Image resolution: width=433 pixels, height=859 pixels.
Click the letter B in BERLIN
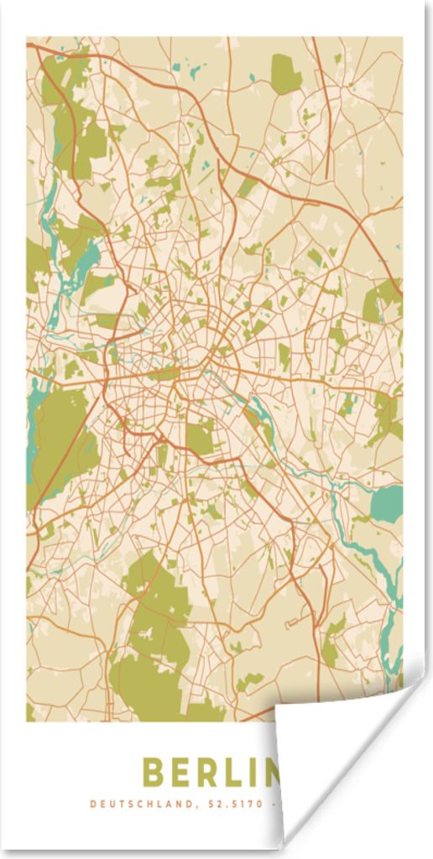coord(154,773)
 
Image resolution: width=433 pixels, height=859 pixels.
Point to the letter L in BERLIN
coord(243,773)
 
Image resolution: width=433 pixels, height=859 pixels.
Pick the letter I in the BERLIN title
coord(266,773)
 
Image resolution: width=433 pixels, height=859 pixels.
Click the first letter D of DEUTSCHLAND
coord(92,804)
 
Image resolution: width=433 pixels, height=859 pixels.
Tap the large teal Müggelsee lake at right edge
coord(387,503)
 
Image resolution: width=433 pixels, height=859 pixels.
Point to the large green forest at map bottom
coord(155,638)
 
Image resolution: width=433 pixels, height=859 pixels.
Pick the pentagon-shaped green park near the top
coord(285,74)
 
